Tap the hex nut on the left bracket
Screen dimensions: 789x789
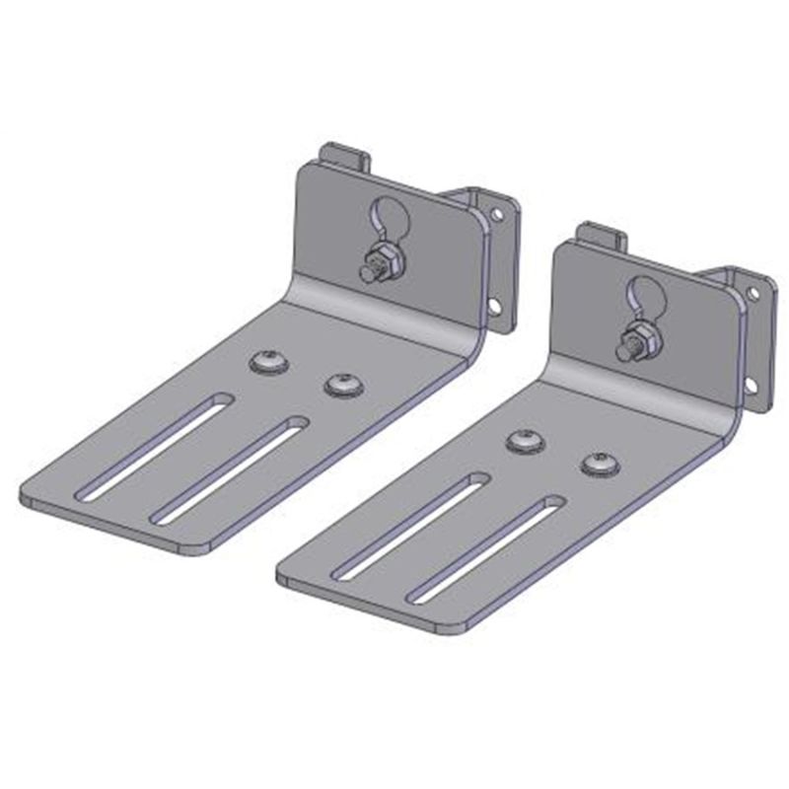coord(382,262)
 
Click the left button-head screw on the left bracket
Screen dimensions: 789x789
coord(269,362)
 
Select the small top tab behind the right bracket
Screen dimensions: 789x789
coord(601,236)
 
